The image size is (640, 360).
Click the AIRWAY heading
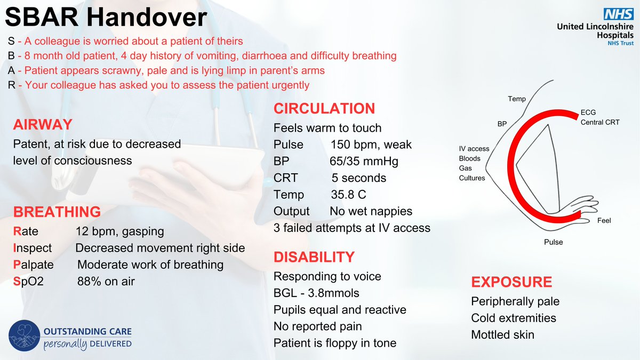42,124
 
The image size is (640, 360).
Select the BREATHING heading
57,212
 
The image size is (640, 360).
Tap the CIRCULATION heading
324,109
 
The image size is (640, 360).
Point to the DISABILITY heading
314,257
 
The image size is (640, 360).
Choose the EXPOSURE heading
511,282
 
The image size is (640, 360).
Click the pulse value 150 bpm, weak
371,145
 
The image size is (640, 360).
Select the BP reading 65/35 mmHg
364,161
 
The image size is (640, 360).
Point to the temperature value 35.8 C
348,194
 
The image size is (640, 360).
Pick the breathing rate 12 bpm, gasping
119,231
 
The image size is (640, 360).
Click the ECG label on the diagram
588,113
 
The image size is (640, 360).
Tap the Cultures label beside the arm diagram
472,178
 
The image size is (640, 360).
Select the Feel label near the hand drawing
604,220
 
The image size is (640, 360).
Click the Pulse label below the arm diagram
553,242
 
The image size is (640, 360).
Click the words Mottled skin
502,335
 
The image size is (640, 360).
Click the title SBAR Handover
106,19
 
